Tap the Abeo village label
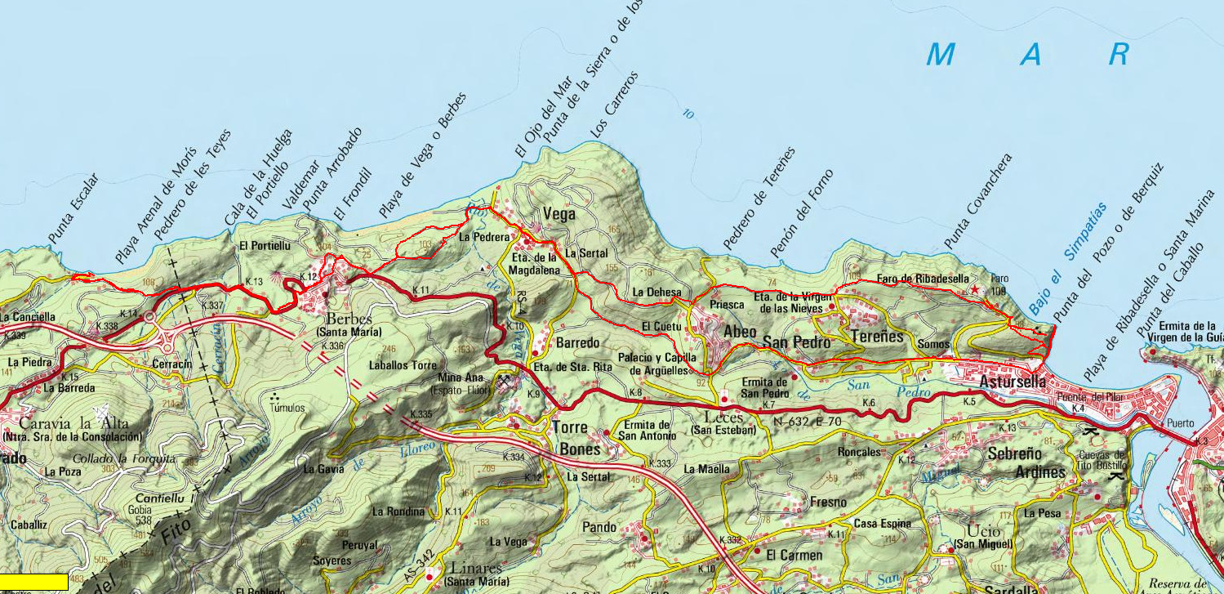pyautogui.click(x=741, y=333)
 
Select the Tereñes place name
pyautogui.click(x=878, y=337)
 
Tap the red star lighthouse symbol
pyautogui.click(x=973, y=289)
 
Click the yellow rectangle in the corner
pyautogui.click(x=33, y=582)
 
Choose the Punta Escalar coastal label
pyautogui.click(x=73, y=208)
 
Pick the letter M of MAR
pyautogui.click(x=941, y=55)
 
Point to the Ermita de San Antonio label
pyautogui.click(x=647, y=430)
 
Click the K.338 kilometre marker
pyautogui.click(x=107, y=326)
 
